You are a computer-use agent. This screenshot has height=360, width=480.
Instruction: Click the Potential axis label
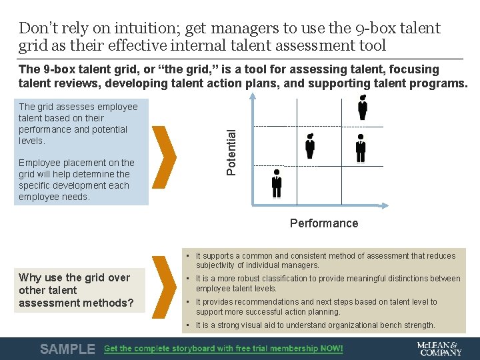[231, 152]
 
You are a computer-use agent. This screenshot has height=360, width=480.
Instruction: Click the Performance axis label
[323, 223]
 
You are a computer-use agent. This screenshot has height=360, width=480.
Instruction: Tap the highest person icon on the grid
[363, 107]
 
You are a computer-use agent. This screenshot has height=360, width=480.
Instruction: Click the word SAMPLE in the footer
[67, 349]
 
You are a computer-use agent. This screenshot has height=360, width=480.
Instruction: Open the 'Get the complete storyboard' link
[223, 349]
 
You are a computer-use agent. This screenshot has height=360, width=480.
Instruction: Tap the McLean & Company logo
[439, 349]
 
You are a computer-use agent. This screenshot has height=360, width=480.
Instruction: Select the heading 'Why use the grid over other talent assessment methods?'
[76, 290]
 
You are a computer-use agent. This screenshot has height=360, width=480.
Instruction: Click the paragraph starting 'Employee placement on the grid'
[76, 180]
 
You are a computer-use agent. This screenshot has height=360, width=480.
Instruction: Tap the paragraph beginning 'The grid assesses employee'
[78, 123]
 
